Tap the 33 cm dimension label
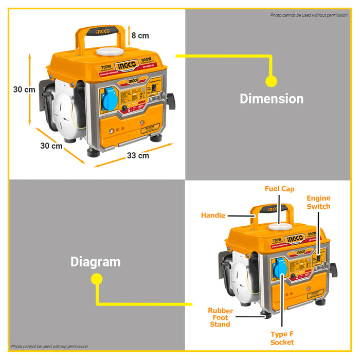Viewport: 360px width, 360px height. [138, 156]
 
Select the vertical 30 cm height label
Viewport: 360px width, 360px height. [24, 89]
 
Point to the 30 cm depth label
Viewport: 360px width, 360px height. [51, 146]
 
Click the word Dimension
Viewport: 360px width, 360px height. [272, 99]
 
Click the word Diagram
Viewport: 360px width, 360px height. [96, 262]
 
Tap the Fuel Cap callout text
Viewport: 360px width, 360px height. [280, 189]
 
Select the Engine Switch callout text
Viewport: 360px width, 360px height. [319, 202]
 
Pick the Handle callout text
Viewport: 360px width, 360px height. [213, 215]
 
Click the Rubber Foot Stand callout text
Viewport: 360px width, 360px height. [220, 317]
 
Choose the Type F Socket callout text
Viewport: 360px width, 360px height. [282, 338]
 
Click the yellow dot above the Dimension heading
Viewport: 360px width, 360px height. [271, 81]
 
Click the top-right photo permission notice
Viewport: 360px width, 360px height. [309, 15]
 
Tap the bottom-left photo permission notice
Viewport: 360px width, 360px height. [49, 347]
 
